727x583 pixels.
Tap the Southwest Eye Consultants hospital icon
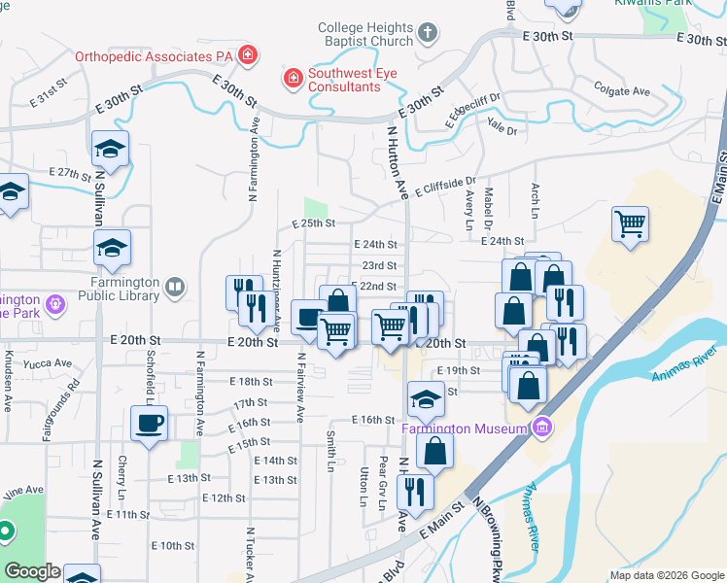[292, 76]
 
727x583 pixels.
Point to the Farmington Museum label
[466, 428]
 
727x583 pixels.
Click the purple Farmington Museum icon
[542, 427]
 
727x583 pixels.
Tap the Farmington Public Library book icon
[175, 287]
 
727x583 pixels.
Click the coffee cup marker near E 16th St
[150, 424]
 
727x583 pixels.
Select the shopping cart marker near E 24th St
[631, 224]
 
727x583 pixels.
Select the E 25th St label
[314, 223]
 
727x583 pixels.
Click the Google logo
[32, 571]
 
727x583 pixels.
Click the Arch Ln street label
[535, 198]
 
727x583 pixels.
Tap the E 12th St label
[224, 497]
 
